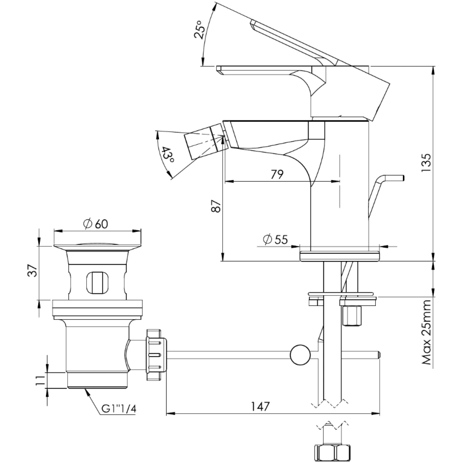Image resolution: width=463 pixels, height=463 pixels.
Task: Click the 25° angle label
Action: click(199, 29)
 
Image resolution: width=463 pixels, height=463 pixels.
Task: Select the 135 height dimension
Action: click(426, 163)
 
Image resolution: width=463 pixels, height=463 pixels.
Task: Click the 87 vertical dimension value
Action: click(216, 206)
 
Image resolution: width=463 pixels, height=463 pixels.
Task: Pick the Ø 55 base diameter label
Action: click(275, 239)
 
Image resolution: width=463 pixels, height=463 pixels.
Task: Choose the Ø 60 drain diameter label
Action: click(96, 224)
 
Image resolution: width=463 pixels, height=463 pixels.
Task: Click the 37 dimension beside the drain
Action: click(33, 270)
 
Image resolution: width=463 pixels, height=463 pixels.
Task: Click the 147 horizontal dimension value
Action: click(260, 407)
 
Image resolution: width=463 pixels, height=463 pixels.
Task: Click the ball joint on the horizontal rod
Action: click(300, 355)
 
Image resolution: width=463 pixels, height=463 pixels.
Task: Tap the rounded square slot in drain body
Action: click(97, 282)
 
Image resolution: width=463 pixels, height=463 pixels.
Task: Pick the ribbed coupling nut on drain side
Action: click(156, 355)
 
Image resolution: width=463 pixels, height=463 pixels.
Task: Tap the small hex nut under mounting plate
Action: click(352, 316)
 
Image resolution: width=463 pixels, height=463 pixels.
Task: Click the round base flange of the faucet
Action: click(340, 256)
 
